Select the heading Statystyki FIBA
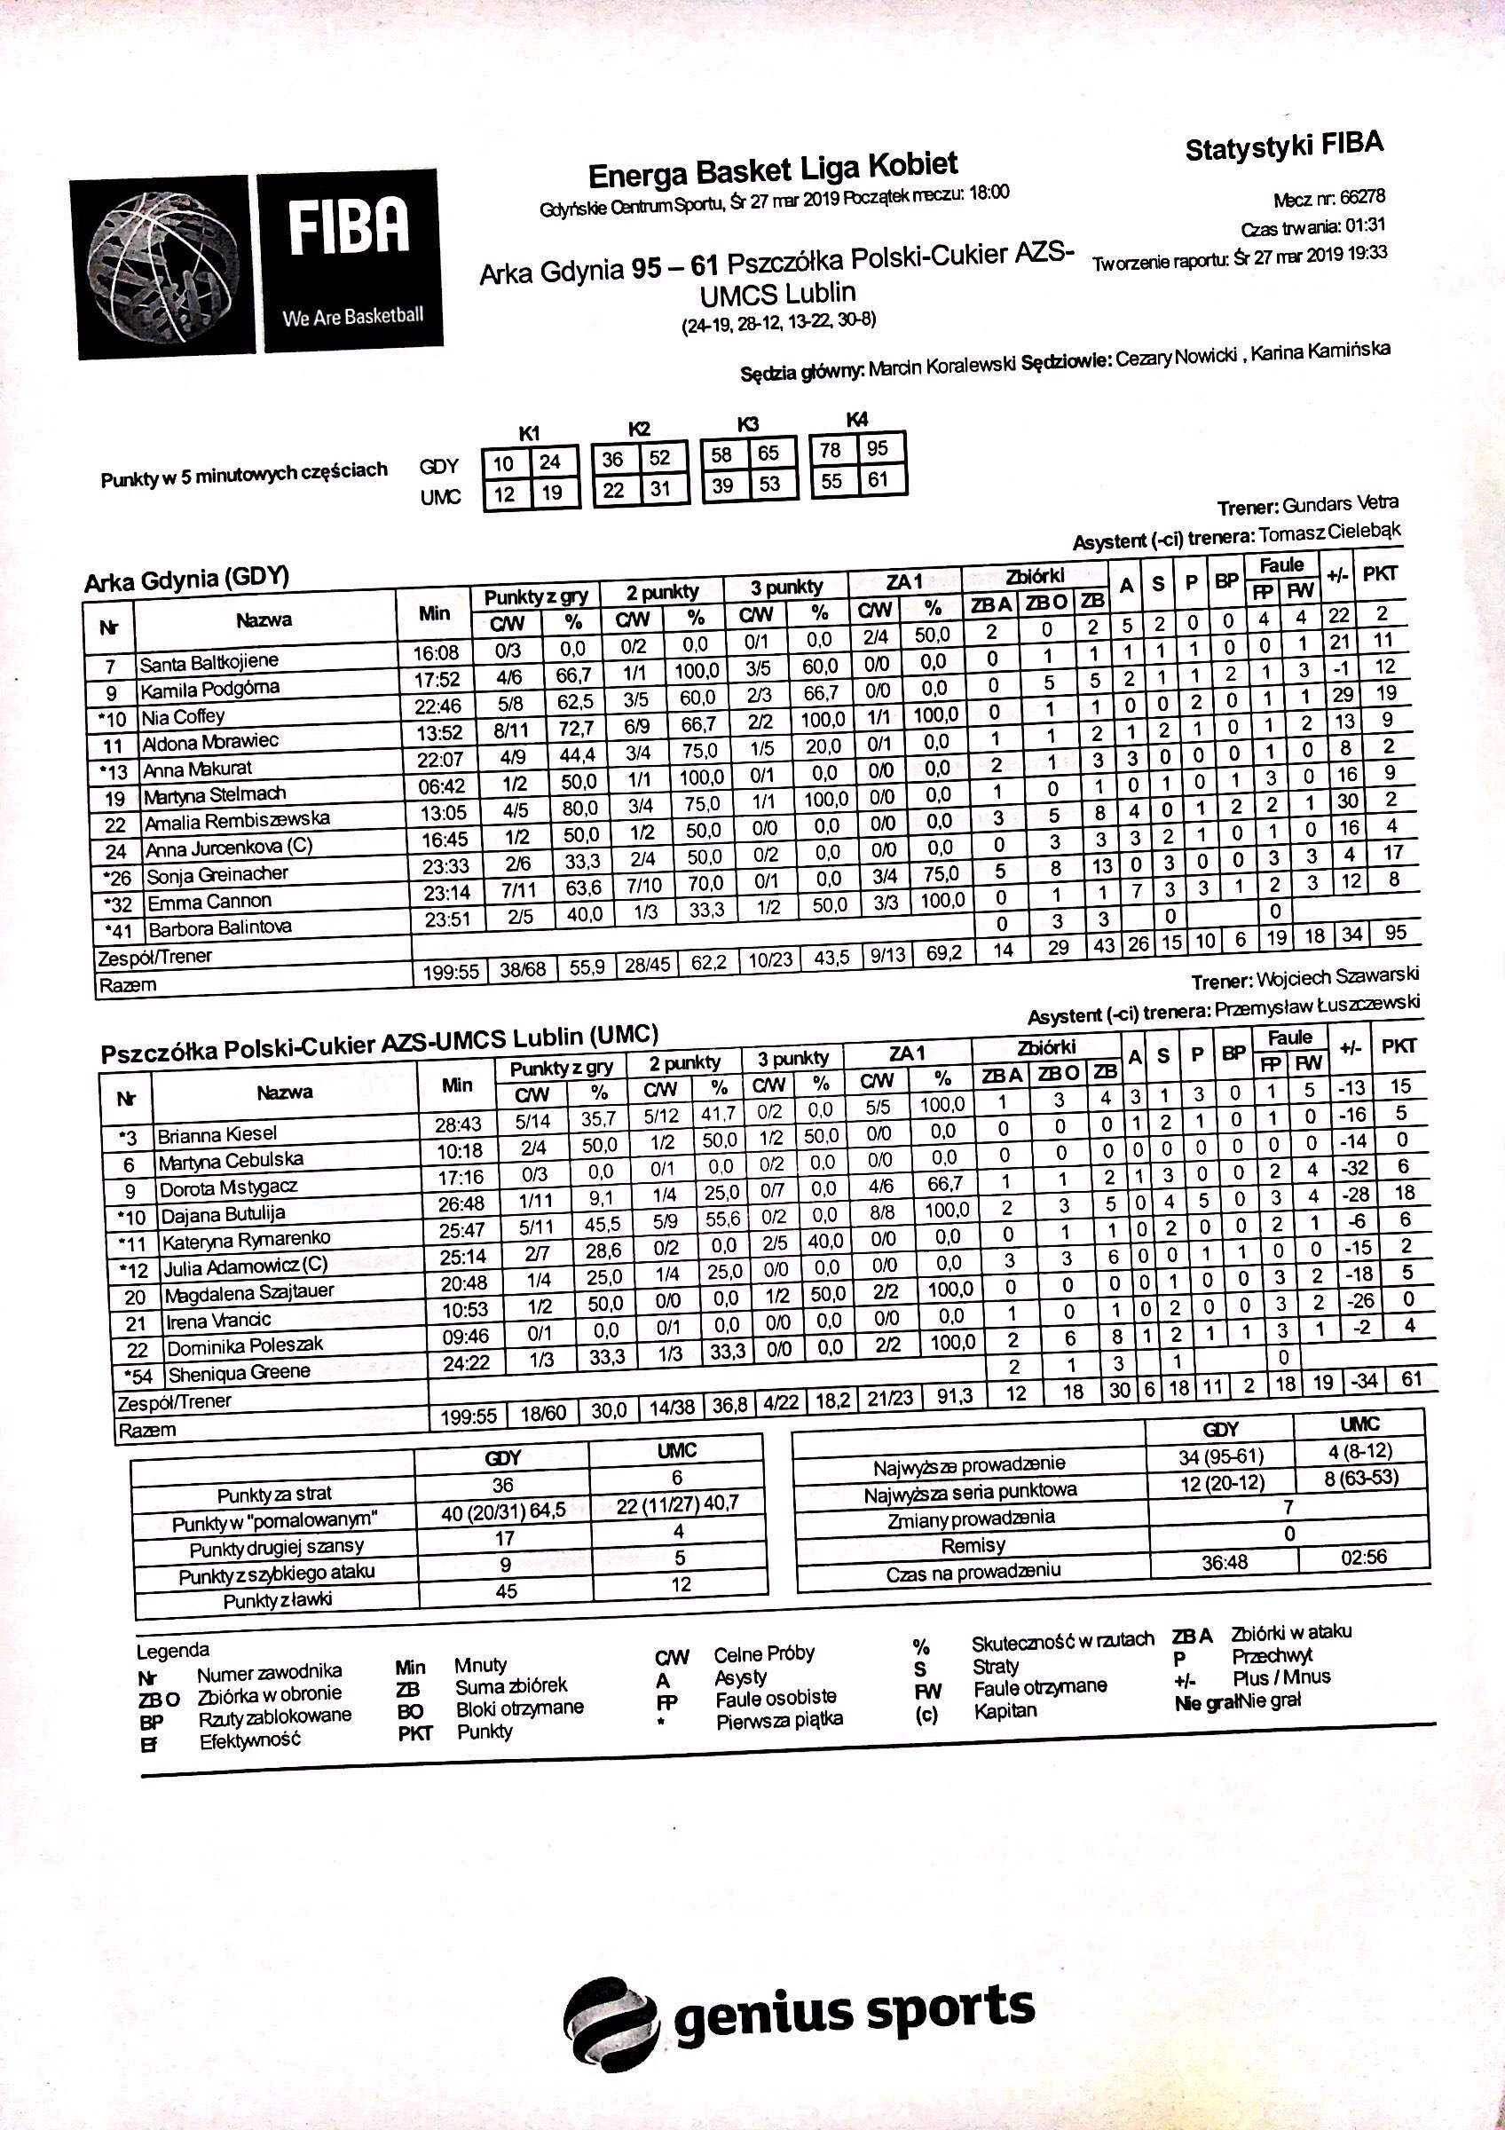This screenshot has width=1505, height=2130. click(x=1283, y=146)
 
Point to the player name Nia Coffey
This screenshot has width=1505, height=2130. click(x=184, y=716)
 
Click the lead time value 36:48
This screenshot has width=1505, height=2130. click(x=1224, y=1562)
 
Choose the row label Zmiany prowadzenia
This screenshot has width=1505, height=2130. click(x=971, y=1519)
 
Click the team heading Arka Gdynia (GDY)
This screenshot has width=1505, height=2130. click(x=186, y=580)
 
